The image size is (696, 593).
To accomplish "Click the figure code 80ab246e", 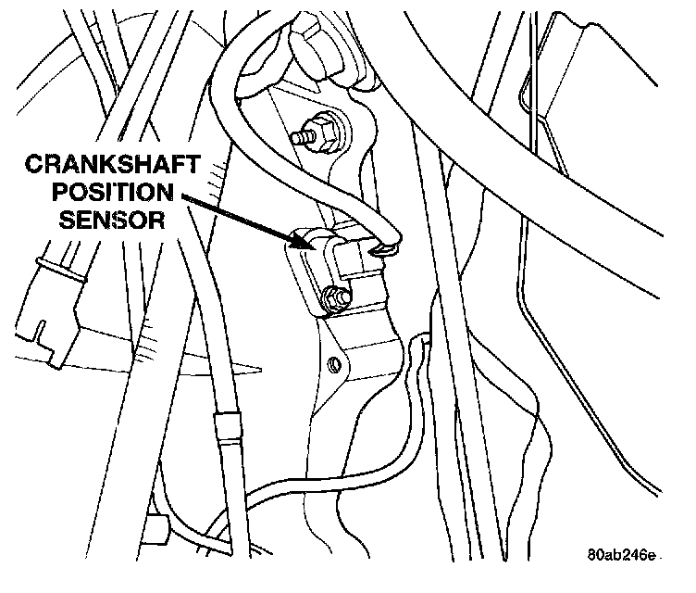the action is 621,556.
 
